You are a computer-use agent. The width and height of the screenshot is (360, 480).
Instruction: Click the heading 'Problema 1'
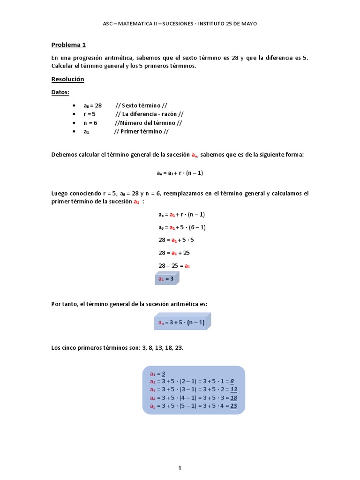(x=68, y=45)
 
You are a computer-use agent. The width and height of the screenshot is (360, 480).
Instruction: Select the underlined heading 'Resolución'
(x=67, y=79)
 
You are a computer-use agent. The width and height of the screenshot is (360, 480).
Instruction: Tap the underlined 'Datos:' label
(x=60, y=92)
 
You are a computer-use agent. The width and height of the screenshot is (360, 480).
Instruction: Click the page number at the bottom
(x=180, y=455)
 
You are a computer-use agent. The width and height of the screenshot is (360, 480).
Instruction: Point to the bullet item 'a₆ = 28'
(x=92, y=105)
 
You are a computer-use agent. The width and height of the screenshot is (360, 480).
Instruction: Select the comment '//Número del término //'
(x=148, y=123)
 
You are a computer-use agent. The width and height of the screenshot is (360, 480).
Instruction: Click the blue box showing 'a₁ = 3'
(x=166, y=278)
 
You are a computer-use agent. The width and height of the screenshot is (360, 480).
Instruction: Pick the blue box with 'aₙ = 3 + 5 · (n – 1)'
(x=182, y=322)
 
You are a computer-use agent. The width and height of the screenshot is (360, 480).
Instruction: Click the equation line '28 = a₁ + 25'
(x=174, y=253)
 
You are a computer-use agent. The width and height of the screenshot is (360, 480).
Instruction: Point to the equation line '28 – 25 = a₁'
(x=174, y=265)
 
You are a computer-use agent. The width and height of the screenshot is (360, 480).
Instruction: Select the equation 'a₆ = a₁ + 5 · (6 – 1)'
(x=182, y=227)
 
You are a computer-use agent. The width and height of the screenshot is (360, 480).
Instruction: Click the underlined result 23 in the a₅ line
(x=233, y=406)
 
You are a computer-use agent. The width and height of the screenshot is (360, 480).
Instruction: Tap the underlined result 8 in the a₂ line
(x=232, y=382)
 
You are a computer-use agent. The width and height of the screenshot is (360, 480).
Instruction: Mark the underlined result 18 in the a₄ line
(x=233, y=398)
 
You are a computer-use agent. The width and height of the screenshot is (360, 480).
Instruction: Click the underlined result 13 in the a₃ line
(x=233, y=390)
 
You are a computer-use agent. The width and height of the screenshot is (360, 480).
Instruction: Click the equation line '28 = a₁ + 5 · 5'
(x=176, y=240)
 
